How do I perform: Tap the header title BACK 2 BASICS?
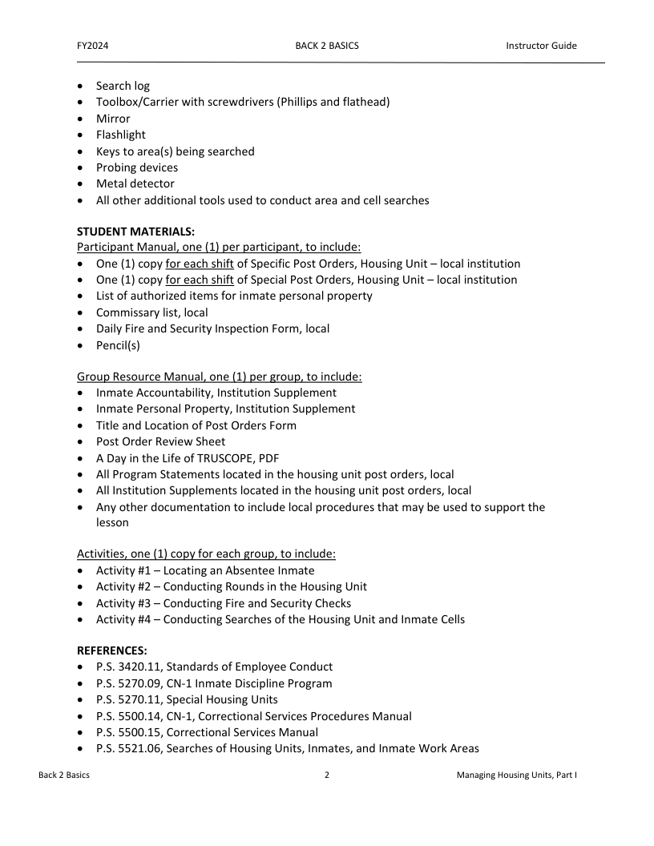tap(327, 46)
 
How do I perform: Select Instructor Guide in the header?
tap(541, 46)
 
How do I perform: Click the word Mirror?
tap(113, 119)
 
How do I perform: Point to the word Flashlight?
tap(121, 135)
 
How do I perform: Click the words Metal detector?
tap(135, 183)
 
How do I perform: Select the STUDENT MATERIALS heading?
tap(135, 232)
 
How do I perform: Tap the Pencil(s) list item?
tap(119, 344)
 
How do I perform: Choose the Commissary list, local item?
tap(151, 312)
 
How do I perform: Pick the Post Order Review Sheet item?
tap(160, 441)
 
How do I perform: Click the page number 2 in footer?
tap(327, 775)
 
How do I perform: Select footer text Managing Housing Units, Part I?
tap(516, 775)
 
